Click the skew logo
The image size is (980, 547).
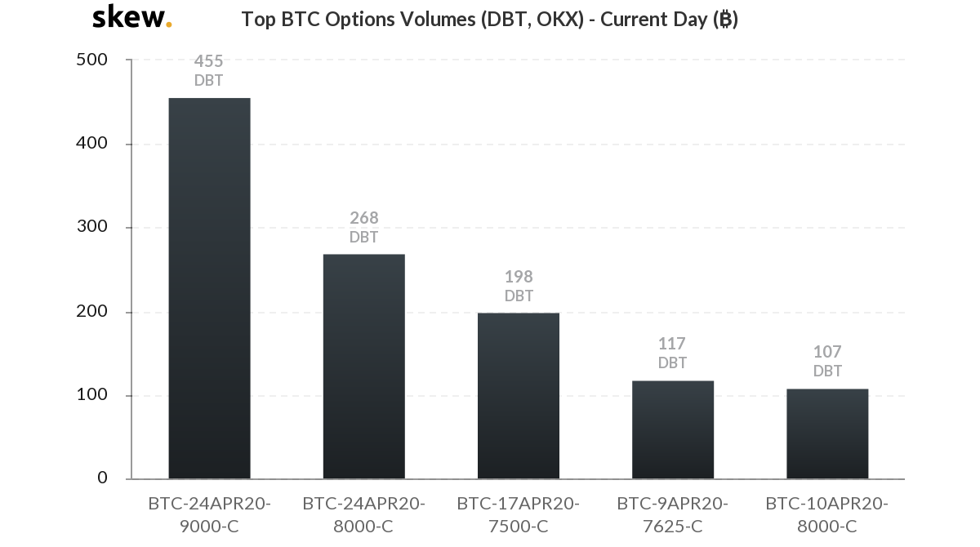pos(131,17)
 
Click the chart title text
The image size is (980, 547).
pos(489,20)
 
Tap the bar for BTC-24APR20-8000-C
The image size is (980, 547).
pos(363,367)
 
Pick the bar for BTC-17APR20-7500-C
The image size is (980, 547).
pos(519,396)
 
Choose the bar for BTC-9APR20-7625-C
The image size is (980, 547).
pos(673,429)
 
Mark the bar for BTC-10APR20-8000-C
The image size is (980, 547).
pos(827,434)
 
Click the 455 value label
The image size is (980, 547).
pos(208,61)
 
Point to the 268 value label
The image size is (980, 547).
pos(363,218)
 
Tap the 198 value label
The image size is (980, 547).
pos(519,277)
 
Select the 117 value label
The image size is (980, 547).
pos(672,344)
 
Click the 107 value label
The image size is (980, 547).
pos(827,352)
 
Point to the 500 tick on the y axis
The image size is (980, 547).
pos(91,60)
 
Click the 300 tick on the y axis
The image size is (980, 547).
pos(91,227)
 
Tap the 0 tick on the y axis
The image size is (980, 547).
pos(102,478)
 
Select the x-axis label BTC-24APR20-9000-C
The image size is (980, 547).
pos(209,514)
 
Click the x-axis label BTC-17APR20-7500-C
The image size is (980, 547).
pos(519,514)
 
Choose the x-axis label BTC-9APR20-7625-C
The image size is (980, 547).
pos(673,514)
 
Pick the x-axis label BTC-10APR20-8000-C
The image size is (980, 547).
pos(827,514)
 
